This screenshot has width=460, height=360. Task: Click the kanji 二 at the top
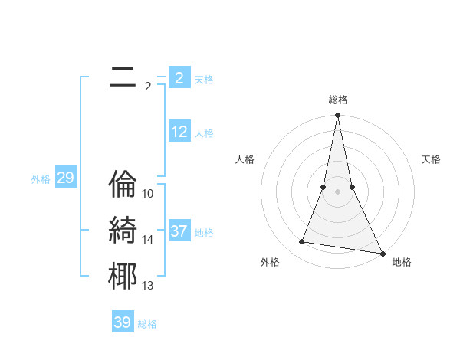123,77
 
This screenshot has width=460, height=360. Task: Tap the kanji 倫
123,183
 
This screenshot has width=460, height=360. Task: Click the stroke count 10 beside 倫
149,194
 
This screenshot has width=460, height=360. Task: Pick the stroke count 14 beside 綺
149,240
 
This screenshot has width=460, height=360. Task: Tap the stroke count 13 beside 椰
149,286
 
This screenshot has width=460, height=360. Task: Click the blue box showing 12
179,132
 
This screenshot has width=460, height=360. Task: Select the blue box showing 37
179,231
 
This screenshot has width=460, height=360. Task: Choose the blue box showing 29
65,178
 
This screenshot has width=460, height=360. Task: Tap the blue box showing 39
123,322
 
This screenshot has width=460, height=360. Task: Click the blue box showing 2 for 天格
179,78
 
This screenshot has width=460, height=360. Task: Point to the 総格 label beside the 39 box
147,324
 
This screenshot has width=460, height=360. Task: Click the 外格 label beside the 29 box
41,179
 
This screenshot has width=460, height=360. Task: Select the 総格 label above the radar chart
337,100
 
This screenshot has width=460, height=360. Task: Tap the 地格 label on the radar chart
402,262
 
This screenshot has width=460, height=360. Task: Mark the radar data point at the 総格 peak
337,116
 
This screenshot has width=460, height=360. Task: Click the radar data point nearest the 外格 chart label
302,242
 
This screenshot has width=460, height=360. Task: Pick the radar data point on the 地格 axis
382,253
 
